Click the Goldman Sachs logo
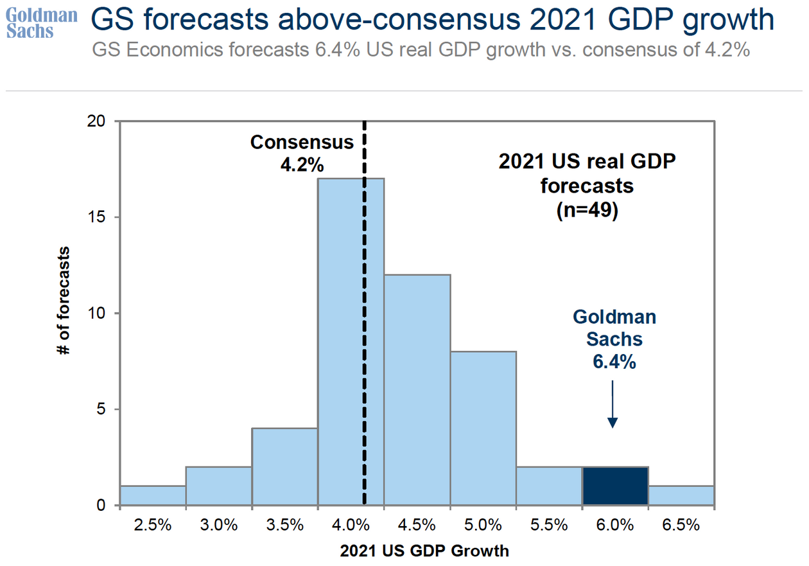(41, 23)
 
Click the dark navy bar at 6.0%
(615, 486)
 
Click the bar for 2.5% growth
(153, 495)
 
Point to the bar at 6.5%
(681, 495)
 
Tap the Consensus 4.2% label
(302, 153)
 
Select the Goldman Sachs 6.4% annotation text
(614, 339)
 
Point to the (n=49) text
(587, 211)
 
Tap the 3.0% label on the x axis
(219, 524)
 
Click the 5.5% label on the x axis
(549, 524)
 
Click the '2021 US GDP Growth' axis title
(424, 551)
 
